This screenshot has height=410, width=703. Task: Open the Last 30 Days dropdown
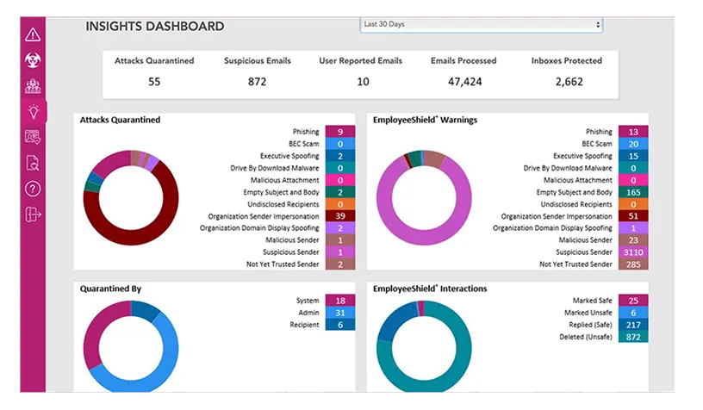coord(481,25)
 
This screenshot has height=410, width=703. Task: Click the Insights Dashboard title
coord(155,27)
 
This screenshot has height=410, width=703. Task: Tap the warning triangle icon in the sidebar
coord(33,35)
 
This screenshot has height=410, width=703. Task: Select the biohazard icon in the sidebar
coord(33,60)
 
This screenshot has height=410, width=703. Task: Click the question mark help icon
coord(33,189)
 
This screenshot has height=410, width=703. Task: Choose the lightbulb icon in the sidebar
coord(33,111)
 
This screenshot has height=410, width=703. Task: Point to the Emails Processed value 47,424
coord(464,82)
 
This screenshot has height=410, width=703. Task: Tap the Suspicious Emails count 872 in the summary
coord(257,82)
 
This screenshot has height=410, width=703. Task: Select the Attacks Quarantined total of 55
coord(154,82)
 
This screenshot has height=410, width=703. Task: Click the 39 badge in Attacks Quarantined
coord(340,216)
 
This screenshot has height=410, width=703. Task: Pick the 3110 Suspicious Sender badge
coord(633,252)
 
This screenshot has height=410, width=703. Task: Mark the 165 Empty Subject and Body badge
coord(633,192)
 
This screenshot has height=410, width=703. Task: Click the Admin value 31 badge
coord(340,313)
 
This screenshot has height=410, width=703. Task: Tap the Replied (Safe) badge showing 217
coord(633,325)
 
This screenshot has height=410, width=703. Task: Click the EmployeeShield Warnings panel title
coord(425,121)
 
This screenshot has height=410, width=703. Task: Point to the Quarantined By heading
coord(111,289)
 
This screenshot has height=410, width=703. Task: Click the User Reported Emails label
coord(361,61)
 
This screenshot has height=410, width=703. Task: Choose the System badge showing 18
coord(340,301)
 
